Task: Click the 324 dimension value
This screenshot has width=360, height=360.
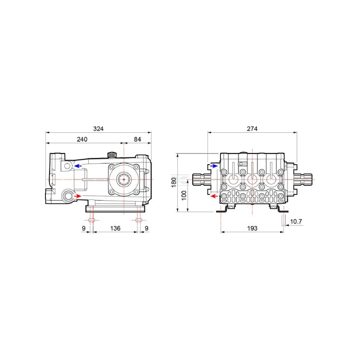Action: [98, 129]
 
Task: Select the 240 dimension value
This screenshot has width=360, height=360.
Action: [82, 139]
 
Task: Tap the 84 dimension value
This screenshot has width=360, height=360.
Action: [137, 139]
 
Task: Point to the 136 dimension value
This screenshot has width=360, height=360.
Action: [115, 228]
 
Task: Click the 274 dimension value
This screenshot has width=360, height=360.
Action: [252, 129]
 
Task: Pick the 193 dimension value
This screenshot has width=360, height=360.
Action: [252, 228]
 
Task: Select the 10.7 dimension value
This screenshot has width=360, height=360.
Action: [296, 221]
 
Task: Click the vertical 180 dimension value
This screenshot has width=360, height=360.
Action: [174, 182]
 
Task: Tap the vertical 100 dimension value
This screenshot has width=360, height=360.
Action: [184, 195]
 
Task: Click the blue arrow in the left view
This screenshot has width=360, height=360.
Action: [78, 166]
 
